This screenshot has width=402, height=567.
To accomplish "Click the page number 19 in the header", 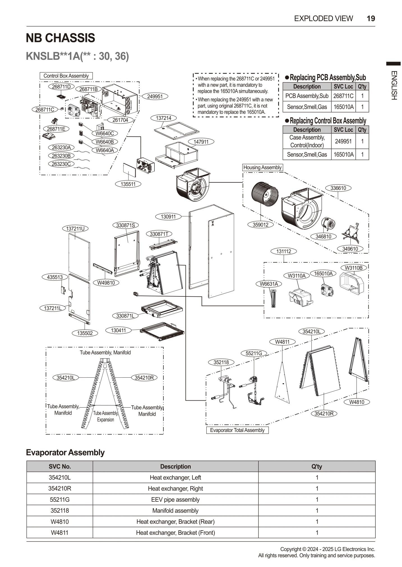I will pyautogui.click(x=371, y=18).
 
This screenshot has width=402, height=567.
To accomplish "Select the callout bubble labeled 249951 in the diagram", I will pyautogui.click(x=155, y=96).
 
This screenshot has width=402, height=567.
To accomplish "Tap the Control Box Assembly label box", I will pyautogui.click(x=66, y=76).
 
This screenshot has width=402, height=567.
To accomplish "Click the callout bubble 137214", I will pyautogui.click(x=163, y=118).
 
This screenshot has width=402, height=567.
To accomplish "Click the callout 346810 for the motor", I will pyautogui.click(x=323, y=236).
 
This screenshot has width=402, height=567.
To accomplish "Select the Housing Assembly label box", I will pyautogui.click(x=262, y=168).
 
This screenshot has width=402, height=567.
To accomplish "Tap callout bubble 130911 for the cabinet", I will pyautogui.click(x=168, y=217).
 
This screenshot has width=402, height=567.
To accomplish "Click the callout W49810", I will pyautogui.click(x=106, y=283).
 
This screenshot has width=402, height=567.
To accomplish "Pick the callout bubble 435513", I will pyautogui.click(x=55, y=277).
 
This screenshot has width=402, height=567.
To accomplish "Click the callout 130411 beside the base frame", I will pyautogui.click(x=118, y=330).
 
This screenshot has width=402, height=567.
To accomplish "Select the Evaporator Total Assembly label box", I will pyautogui.click(x=237, y=430).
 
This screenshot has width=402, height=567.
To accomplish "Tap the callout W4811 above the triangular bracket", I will pyautogui.click(x=282, y=342).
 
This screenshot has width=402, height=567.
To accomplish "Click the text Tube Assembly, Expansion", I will pyautogui.click(x=105, y=416).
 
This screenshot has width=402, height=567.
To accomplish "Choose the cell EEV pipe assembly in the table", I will pyautogui.click(x=175, y=499).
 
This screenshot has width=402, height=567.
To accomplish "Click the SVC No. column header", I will pyautogui.click(x=60, y=466).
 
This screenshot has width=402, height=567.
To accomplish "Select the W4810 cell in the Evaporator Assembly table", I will pyautogui.click(x=60, y=522).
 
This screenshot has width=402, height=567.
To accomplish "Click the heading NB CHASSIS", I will pyautogui.click(x=61, y=38).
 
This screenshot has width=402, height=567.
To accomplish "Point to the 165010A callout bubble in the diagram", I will pyautogui.click(x=323, y=273).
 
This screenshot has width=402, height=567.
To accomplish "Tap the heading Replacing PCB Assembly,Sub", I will pyautogui.click(x=327, y=77).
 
